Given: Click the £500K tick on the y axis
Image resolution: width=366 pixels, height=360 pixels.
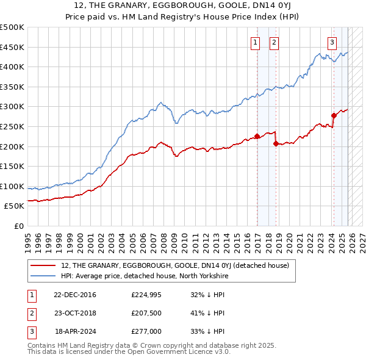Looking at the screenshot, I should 12,27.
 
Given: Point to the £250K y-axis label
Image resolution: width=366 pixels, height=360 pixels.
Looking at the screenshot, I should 12,127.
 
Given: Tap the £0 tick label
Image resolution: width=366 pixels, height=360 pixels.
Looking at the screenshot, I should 20,226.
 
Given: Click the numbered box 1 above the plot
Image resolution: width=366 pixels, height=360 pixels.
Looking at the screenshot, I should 254,42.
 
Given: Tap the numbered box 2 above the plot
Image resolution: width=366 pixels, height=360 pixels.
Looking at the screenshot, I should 274,42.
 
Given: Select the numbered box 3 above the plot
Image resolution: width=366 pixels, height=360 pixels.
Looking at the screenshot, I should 332,42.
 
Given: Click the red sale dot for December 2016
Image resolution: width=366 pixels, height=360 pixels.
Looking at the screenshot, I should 257,137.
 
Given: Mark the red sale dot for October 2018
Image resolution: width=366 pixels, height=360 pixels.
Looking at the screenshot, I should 276,143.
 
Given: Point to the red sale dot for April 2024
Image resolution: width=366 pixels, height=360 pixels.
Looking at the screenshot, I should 334,115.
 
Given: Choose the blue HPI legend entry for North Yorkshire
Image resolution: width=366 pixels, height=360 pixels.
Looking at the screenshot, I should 144,276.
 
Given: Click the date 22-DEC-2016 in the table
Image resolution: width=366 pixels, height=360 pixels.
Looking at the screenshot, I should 75,295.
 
